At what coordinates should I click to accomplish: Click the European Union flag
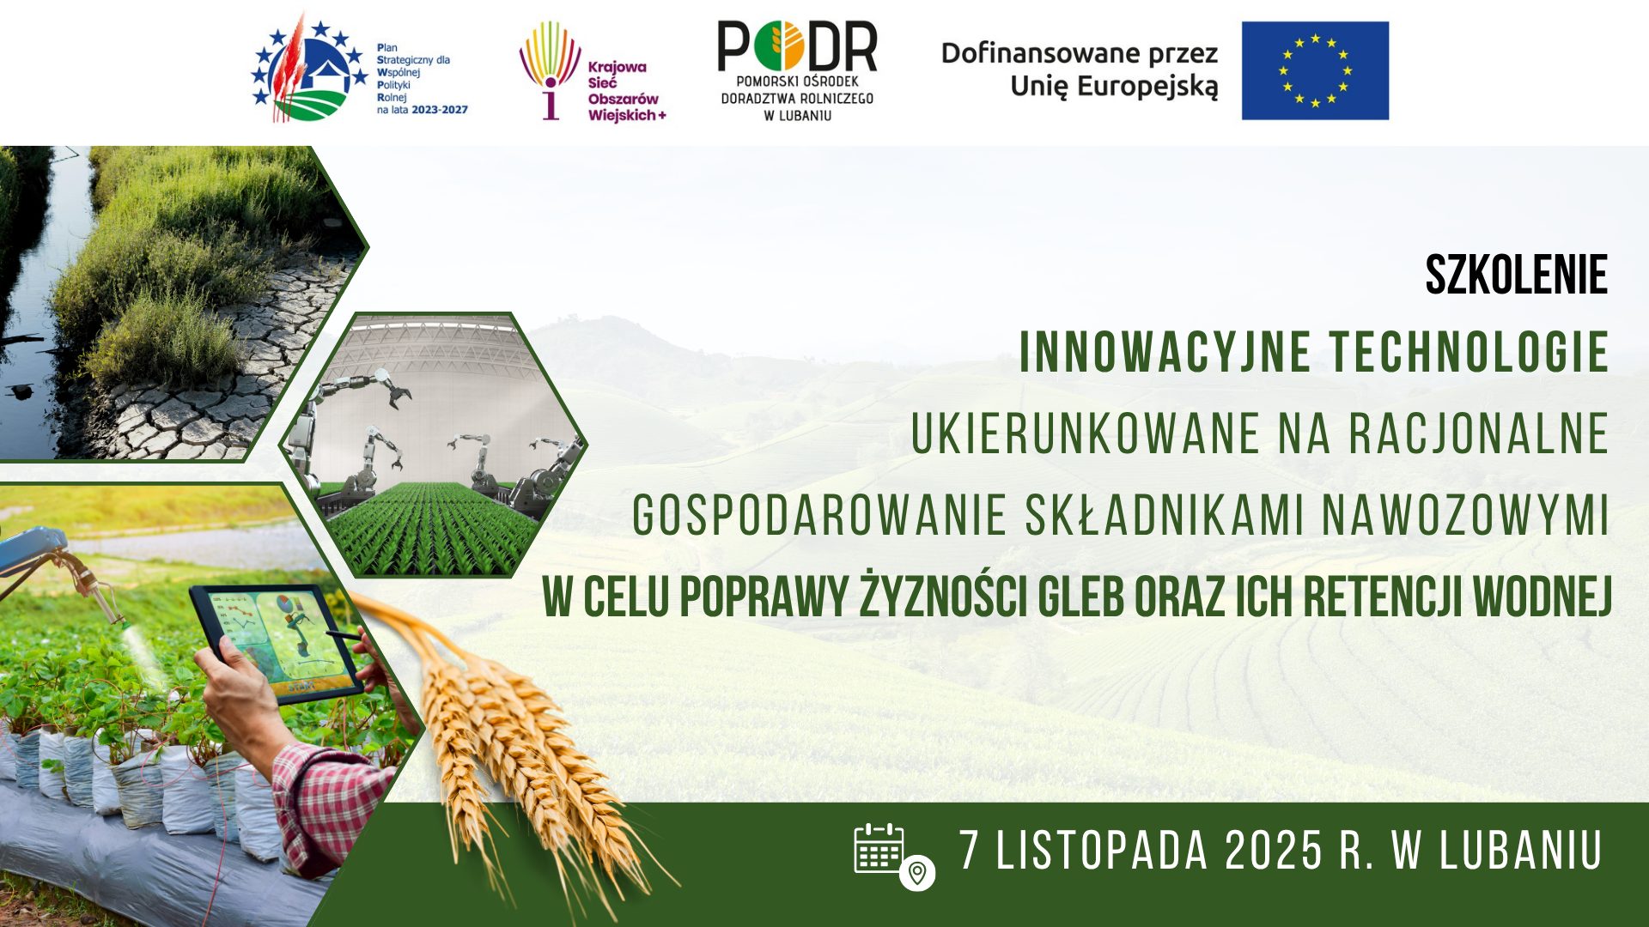pyautogui.click(x=1315, y=70)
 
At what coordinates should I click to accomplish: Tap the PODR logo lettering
pyautogui.click(x=797, y=46)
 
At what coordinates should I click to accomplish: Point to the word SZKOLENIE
pyautogui.click(x=1516, y=276)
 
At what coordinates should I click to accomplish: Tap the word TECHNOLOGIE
pyautogui.click(x=1469, y=352)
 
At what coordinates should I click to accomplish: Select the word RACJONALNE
pyautogui.click(x=1478, y=433)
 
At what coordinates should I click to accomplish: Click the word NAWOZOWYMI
pyautogui.click(x=1464, y=515)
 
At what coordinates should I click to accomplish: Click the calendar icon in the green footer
pyautogui.click(x=879, y=848)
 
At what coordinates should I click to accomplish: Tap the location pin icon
pyautogui.click(x=917, y=873)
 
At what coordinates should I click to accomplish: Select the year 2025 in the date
pyautogui.click(x=1274, y=851)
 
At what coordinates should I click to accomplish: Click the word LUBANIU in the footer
pyautogui.click(x=1521, y=851)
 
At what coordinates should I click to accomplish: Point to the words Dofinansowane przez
pyautogui.click(x=1080, y=53)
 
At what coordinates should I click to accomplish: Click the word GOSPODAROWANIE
pyautogui.click(x=819, y=515)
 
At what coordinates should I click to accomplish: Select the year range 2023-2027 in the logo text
pyautogui.click(x=440, y=110)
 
